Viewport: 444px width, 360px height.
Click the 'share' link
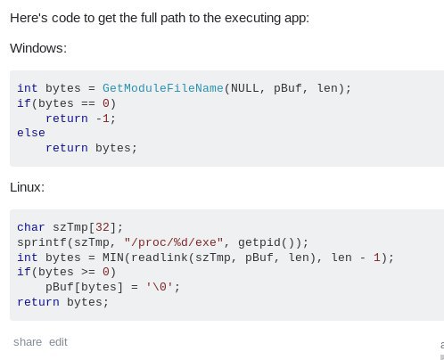click(x=28, y=342)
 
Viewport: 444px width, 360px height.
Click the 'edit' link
click(x=58, y=342)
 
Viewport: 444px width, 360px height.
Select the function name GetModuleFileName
click(x=163, y=88)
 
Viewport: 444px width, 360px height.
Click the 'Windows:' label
click(x=38, y=48)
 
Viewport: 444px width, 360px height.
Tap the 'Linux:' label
click(x=27, y=187)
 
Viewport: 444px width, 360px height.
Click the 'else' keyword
click(x=31, y=133)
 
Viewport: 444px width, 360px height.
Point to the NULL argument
click(x=245, y=88)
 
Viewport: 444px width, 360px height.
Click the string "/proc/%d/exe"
click(x=174, y=242)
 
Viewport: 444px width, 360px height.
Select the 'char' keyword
click(x=31, y=227)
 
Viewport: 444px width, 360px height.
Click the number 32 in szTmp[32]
click(x=103, y=227)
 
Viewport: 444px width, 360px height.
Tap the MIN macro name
click(x=113, y=258)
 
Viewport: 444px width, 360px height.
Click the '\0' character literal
click(x=160, y=287)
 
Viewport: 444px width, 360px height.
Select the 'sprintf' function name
click(x=42, y=242)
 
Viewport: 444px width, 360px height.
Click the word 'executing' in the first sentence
click(x=253, y=18)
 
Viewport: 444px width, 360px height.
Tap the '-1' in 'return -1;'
click(x=103, y=119)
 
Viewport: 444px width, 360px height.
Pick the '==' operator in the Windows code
click(x=88, y=103)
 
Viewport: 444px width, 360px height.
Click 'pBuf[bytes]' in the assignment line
click(x=84, y=287)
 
